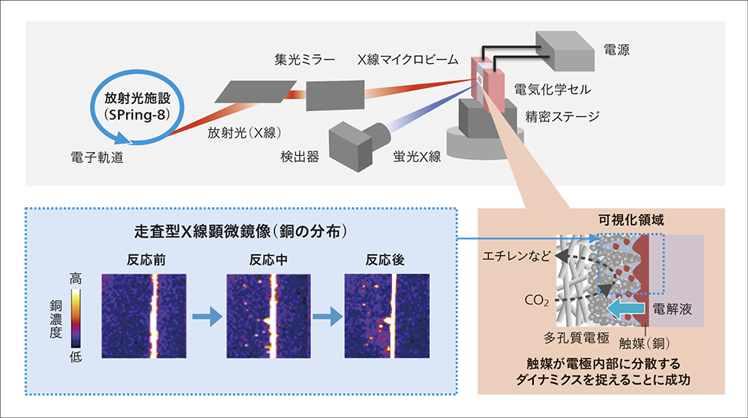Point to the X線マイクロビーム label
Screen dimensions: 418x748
407,59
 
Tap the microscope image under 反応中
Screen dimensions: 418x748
265,313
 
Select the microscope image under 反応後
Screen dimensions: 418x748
387,313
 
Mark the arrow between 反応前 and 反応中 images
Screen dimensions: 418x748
204,316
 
